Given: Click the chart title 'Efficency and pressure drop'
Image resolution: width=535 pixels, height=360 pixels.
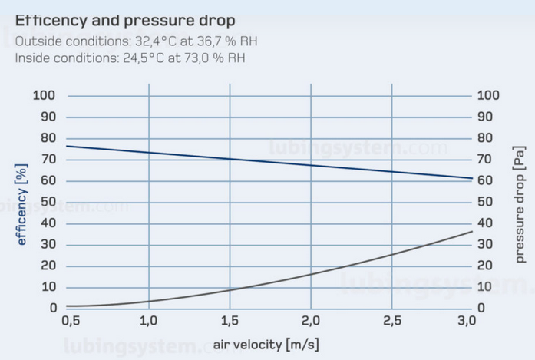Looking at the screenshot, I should point(125,20).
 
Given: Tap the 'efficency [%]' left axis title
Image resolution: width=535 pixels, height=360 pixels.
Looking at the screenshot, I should point(22,204).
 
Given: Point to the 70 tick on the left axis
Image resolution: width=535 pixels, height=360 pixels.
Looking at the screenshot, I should point(49,160).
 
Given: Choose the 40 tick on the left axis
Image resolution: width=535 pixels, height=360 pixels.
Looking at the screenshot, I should point(49,223).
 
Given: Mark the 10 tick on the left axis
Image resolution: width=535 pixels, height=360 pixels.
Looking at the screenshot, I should point(49,287).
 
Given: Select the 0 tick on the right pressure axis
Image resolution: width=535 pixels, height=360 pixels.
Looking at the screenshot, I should point(484,308).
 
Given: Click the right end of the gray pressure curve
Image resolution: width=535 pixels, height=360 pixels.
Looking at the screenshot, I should point(471,232).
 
